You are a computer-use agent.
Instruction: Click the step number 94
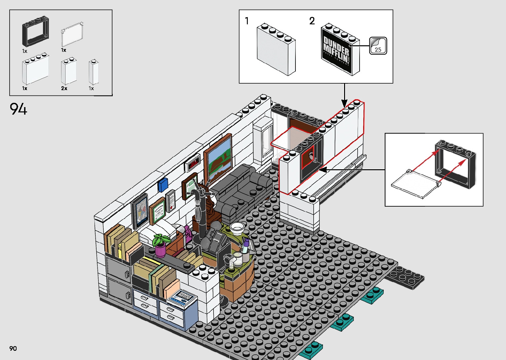click(x=19, y=109)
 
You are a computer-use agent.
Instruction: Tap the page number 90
click(x=13, y=348)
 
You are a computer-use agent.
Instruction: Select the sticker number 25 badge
click(x=378, y=46)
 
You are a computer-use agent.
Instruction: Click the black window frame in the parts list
click(x=36, y=31)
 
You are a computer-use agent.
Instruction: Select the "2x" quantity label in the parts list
click(x=64, y=88)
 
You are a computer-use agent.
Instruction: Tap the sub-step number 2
click(x=312, y=21)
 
